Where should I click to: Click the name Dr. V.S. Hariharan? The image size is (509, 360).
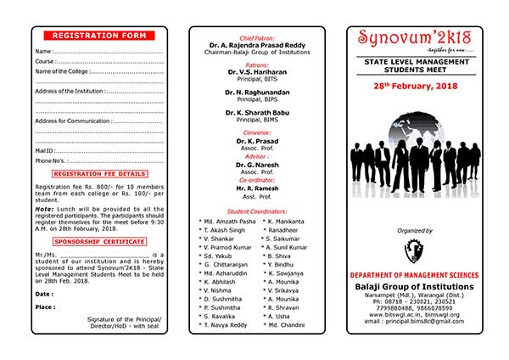coord(255,72)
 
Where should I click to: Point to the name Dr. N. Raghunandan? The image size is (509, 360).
coord(255,92)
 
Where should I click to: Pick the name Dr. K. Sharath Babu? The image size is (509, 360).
coord(255,112)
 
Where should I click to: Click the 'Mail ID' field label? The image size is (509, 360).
coord(44,149)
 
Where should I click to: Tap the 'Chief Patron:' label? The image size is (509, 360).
coord(255,39)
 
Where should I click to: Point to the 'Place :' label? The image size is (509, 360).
coord(45,307)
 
